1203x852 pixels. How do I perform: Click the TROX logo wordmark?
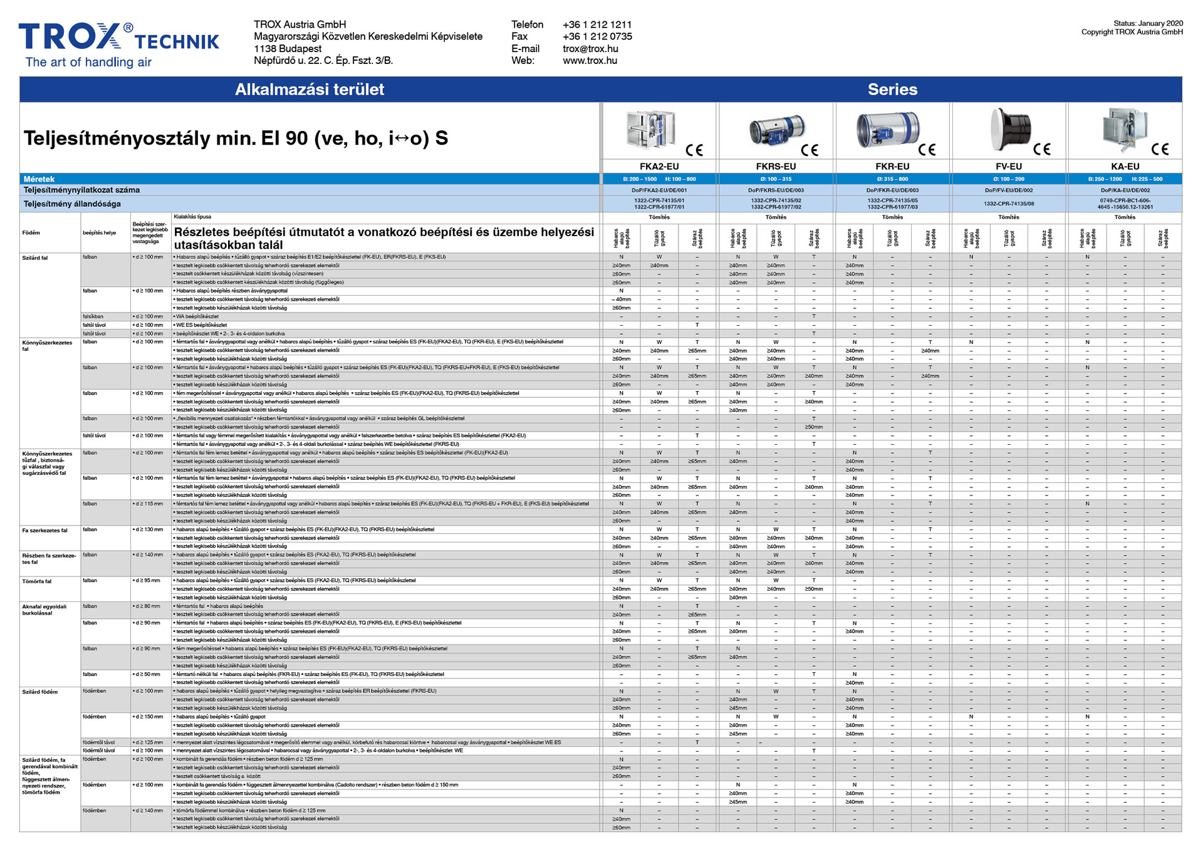pyautogui.click(x=69, y=36)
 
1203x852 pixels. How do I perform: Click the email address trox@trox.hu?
pyautogui.click(x=590, y=49)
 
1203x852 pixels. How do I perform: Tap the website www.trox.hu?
pyautogui.click(x=590, y=61)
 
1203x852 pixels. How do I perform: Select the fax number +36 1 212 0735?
pyautogui.click(x=597, y=36)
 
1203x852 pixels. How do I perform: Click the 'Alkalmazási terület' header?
pyautogui.click(x=310, y=90)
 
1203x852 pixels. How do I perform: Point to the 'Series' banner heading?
pyautogui.click(x=892, y=90)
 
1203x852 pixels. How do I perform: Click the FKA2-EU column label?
pyautogui.click(x=659, y=167)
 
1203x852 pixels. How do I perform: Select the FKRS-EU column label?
pyautogui.click(x=776, y=167)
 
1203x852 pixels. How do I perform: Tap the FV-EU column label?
pyautogui.click(x=1009, y=167)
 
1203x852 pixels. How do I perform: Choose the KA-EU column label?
pyautogui.click(x=1125, y=167)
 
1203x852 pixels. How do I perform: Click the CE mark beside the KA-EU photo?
pyautogui.click(x=1160, y=149)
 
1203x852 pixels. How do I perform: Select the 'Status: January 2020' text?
pyautogui.click(x=1148, y=23)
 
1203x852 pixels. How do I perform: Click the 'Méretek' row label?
pyautogui.click(x=39, y=179)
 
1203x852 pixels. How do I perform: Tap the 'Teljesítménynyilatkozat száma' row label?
pyautogui.click(x=81, y=190)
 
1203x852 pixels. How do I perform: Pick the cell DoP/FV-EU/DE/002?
pyautogui.click(x=1009, y=190)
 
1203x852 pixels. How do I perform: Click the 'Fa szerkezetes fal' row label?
pyautogui.click(x=44, y=531)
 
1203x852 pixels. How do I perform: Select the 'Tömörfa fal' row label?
pyautogui.click(x=37, y=581)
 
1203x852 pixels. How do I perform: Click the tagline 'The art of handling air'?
pyautogui.click(x=88, y=62)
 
